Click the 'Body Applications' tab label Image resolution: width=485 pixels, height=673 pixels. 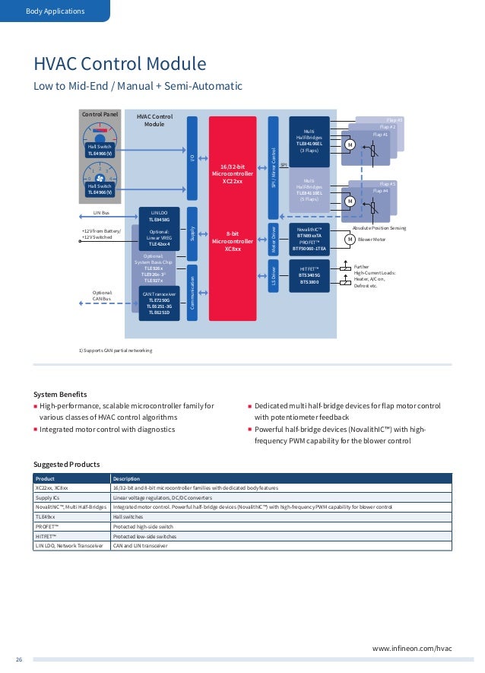(x=55, y=11)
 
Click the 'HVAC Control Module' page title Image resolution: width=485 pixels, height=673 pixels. (x=119, y=62)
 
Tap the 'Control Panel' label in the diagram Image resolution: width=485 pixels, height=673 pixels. (x=100, y=114)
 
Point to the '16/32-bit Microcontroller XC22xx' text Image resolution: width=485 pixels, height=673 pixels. (x=232, y=173)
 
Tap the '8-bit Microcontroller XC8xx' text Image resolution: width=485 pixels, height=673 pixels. (x=232, y=241)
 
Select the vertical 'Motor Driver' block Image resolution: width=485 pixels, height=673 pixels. (x=274, y=237)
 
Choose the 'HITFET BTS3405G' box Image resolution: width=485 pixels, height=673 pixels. (x=309, y=276)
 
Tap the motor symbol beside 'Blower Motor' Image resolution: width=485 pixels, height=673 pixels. (x=350, y=240)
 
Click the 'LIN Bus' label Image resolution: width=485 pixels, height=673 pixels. (x=101, y=214)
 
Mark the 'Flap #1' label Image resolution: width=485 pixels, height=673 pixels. (x=380, y=134)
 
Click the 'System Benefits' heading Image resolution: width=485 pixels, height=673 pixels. (x=60, y=394)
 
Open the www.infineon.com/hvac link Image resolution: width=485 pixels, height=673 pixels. (x=411, y=648)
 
